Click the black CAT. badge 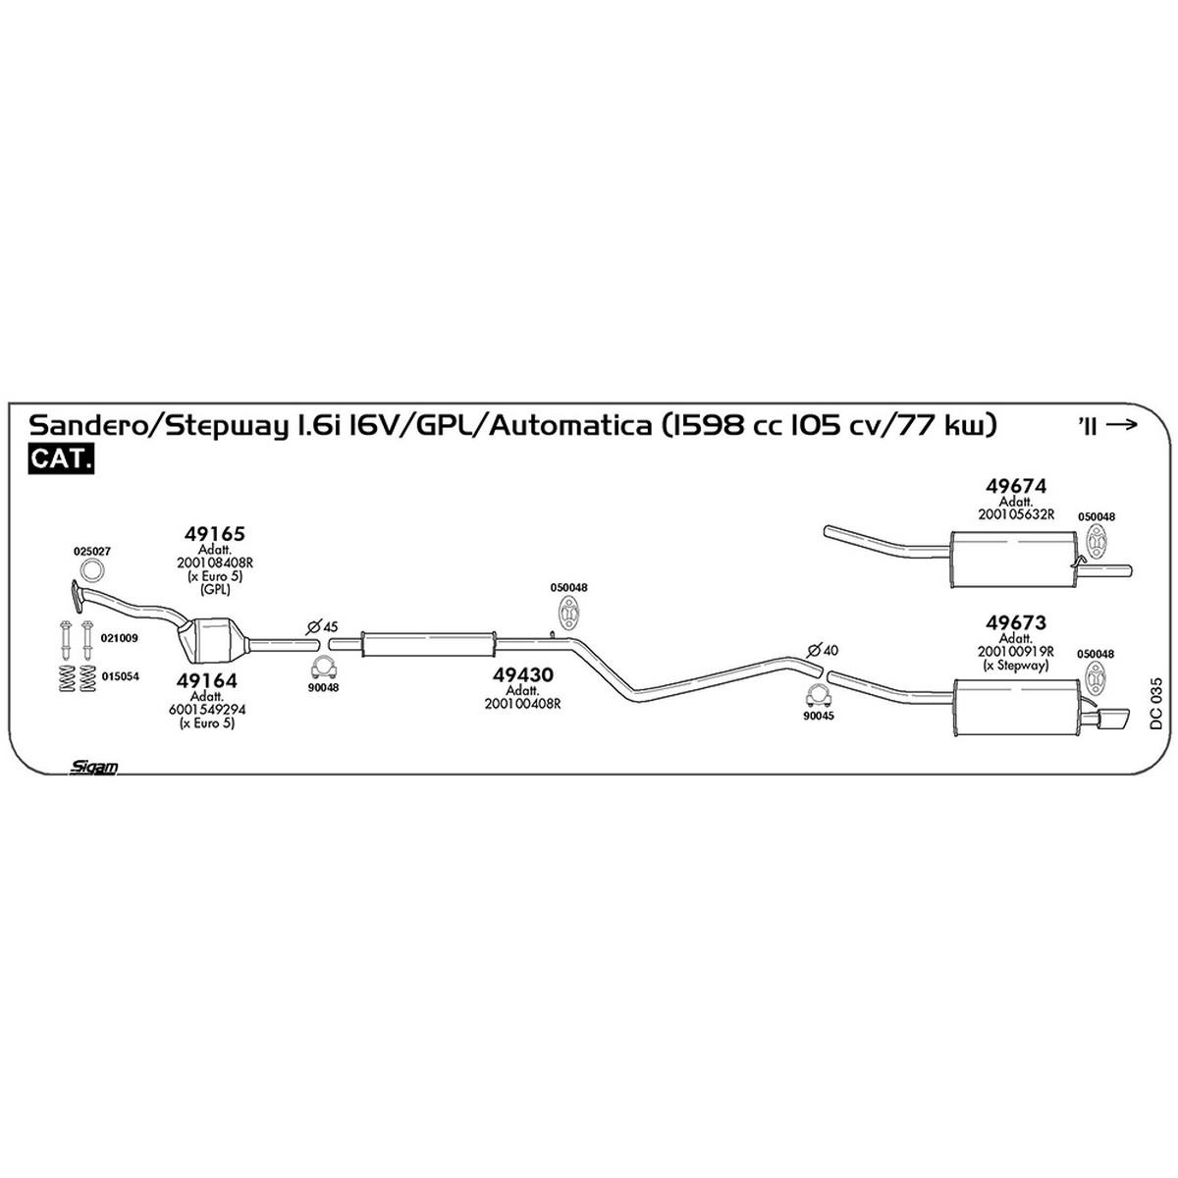[x=61, y=459]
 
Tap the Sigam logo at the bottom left [x=93, y=767]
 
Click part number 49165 [x=215, y=534]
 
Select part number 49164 [x=206, y=680]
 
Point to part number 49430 [x=522, y=674]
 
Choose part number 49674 [x=1016, y=486]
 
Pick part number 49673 [x=1016, y=623]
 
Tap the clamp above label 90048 [x=324, y=668]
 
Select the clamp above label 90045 [x=818, y=696]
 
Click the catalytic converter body [x=212, y=640]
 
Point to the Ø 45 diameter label [x=322, y=626]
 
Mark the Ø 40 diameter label [x=823, y=650]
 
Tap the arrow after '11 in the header [x=1122, y=425]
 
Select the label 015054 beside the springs [x=121, y=676]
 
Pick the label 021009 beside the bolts [x=120, y=638]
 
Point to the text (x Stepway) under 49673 [x=1015, y=665]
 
